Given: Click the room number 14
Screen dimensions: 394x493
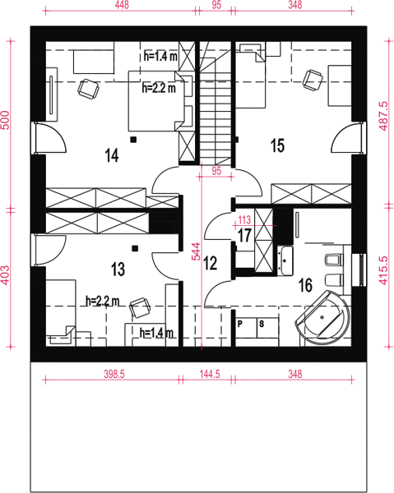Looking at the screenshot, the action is coord(112,155).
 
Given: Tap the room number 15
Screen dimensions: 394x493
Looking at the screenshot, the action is coord(277,145).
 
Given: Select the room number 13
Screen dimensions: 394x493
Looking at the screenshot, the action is coord(118,270).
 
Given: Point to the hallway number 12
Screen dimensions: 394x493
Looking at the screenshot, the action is coord(211,263).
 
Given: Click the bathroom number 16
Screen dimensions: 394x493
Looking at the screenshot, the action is coord(305,285).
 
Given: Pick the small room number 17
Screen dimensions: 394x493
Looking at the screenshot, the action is coord(244,235).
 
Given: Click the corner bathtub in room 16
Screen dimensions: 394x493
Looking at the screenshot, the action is coord(323,318).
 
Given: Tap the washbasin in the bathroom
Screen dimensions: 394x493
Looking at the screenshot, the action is coord(285,260).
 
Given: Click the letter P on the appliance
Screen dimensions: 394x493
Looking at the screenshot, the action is coord(240,324).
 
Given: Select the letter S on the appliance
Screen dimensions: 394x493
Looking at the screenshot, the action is coord(262,324).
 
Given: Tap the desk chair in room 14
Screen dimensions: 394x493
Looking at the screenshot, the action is coord(89,89).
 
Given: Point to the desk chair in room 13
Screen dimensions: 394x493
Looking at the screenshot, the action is coord(140,307).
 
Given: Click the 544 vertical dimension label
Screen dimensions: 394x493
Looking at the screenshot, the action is coord(196,251).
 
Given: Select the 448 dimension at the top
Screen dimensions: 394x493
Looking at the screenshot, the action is coord(122,5).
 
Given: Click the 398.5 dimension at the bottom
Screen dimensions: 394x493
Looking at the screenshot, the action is coord(114,374).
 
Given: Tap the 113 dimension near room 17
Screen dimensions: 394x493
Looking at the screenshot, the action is coord(244,219).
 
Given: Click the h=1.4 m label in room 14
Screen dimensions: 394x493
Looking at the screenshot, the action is coord(160,57).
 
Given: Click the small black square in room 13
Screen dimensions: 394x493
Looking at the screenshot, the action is coord(135,248).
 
